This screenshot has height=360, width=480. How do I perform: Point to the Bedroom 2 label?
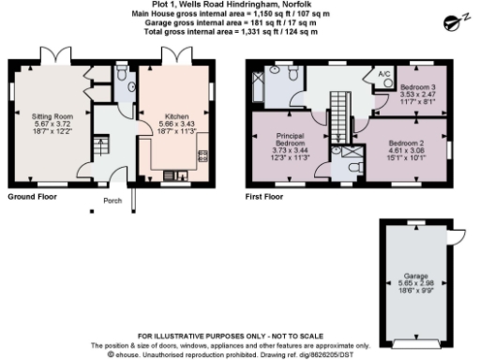click(x=407, y=142)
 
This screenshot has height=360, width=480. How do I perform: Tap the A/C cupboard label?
click(x=383, y=74)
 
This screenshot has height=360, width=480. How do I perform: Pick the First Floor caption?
click(x=264, y=197)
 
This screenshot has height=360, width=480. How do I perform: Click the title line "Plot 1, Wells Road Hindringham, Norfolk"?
click(x=241, y=5)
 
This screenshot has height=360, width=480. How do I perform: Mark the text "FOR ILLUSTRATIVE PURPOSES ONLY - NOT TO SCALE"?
click(x=239, y=336)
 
